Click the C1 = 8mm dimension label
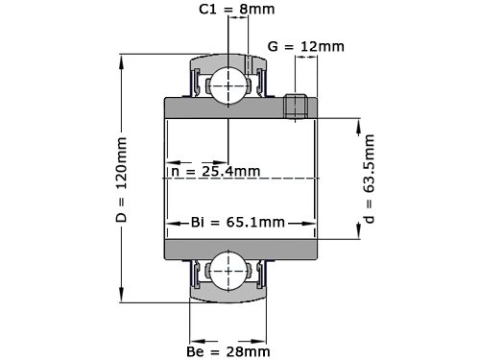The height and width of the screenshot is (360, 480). point(237,9)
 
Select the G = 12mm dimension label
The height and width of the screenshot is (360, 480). point(306,47)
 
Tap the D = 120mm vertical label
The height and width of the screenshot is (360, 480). point(122,180)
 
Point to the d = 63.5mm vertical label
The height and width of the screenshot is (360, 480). point(369,179)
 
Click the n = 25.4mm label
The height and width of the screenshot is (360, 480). point(216,172)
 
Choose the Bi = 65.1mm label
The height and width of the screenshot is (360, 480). point(238,222)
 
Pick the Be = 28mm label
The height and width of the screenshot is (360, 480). point(228,351)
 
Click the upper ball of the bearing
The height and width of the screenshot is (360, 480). point(228,85)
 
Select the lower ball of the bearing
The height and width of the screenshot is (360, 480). point(228,271)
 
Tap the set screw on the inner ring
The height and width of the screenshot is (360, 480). point(296,107)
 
